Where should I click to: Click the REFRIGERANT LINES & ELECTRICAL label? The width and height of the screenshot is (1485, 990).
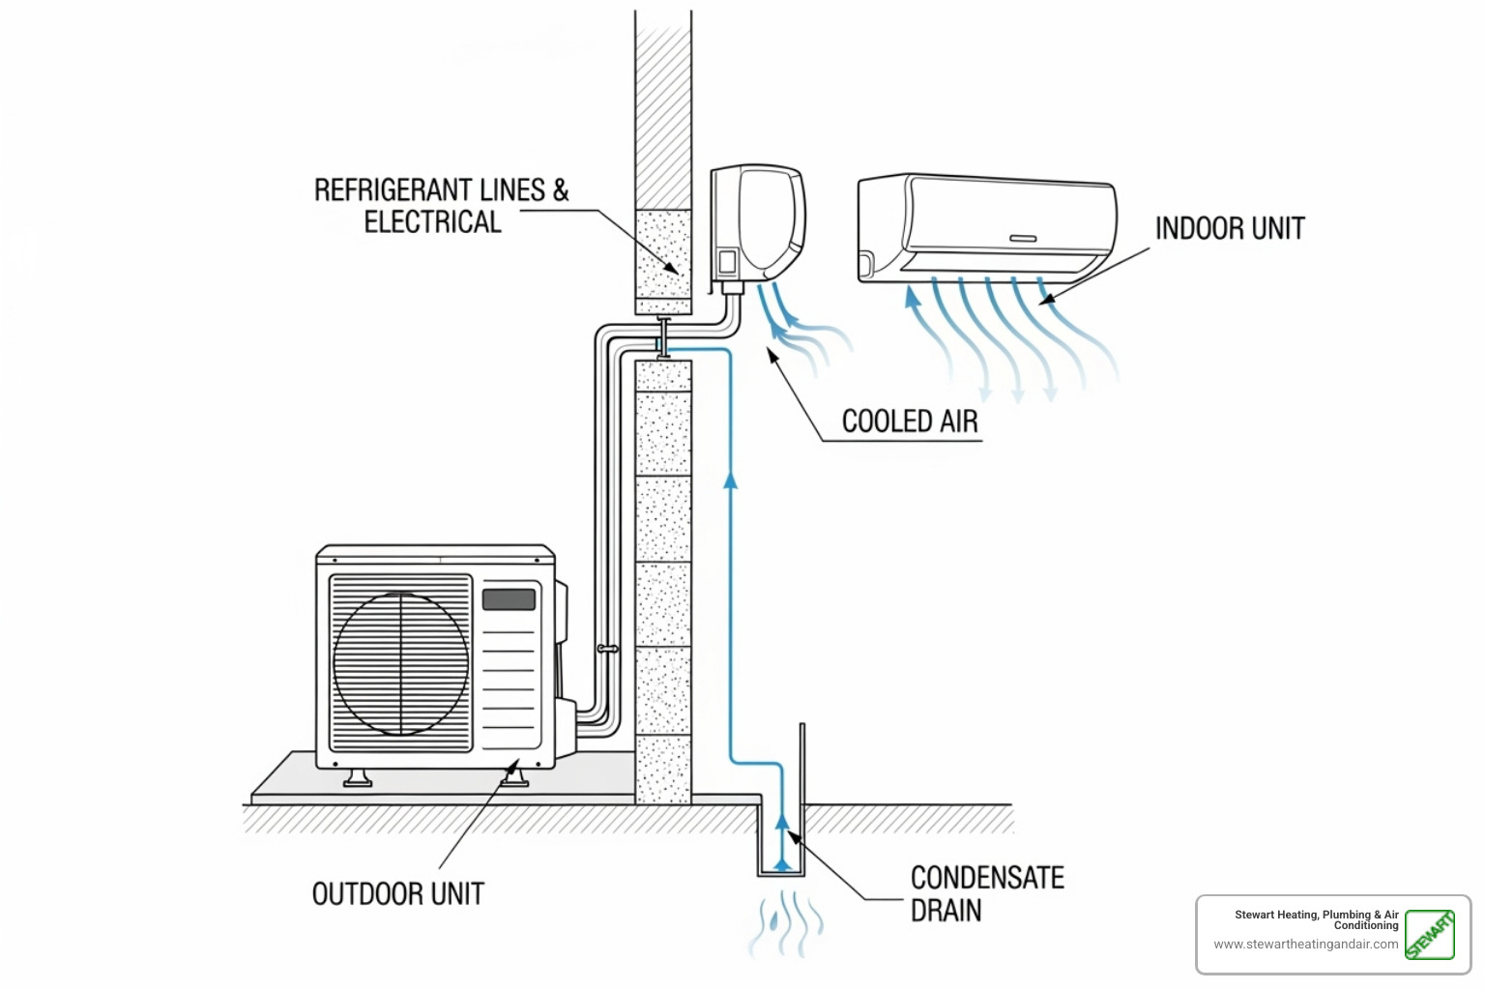(x=440, y=206)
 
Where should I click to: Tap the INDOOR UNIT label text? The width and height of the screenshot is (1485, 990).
(x=1230, y=229)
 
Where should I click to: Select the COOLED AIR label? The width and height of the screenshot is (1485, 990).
(x=910, y=422)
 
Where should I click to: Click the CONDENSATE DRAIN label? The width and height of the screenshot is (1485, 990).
(x=986, y=893)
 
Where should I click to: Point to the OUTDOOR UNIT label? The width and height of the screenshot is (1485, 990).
(x=397, y=894)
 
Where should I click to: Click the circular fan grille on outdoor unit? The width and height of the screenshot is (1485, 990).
(x=400, y=663)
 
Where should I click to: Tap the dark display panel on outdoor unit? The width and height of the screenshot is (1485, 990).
(x=509, y=598)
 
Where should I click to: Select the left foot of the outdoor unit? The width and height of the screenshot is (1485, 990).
(x=357, y=777)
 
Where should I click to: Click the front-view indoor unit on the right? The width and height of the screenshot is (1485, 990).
(x=986, y=228)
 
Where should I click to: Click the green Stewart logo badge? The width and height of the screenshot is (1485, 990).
(x=1429, y=935)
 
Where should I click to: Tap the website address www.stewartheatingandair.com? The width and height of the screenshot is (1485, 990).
(x=1305, y=945)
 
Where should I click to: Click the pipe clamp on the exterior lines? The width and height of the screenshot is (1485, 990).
(x=607, y=649)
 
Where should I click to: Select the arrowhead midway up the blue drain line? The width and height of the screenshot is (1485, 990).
(x=731, y=478)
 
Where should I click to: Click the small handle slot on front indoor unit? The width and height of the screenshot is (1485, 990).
(x=1023, y=238)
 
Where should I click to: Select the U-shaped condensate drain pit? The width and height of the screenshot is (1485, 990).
(x=781, y=841)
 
